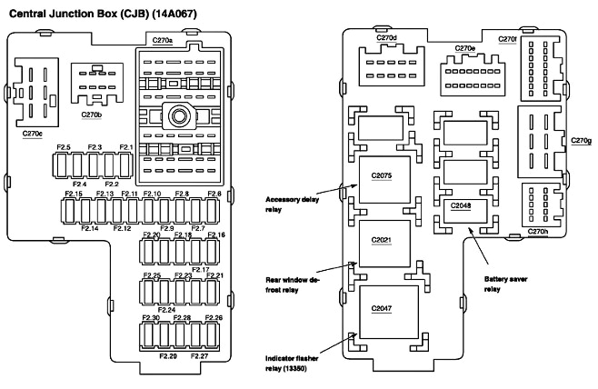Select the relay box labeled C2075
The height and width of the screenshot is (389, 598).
tap(382, 175)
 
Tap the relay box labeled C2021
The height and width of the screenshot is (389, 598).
tap(382, 241)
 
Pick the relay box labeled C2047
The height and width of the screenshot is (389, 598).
tap(382, 309)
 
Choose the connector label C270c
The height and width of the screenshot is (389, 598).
tap(34, 134)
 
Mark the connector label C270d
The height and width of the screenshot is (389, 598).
tap(386, 37)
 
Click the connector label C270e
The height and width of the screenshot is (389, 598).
tap(464, 48)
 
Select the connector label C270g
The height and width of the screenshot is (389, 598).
tap(580, 140)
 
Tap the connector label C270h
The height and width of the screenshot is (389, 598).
tap(538, 231)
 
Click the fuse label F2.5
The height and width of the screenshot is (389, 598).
tap(64, 146)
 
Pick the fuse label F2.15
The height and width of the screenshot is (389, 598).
tap(73, 194)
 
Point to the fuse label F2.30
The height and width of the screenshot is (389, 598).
tap(151, 317)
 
